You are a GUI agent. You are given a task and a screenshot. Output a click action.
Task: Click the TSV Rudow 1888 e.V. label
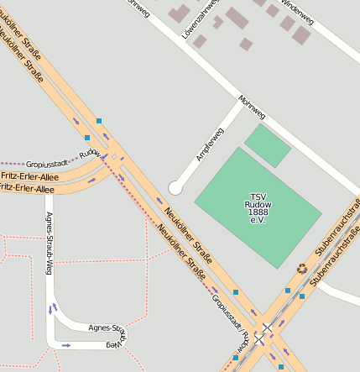click(x=257, y=205)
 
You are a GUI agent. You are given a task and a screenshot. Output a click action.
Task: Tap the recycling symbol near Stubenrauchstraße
click(x=302, y=269)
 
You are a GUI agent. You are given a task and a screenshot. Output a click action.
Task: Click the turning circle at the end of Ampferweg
click(x=175, y=187)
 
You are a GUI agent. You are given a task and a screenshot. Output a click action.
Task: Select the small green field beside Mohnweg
click(x=268, y=144)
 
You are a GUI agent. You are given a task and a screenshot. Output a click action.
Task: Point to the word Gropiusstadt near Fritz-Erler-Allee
click(x=47, y=163)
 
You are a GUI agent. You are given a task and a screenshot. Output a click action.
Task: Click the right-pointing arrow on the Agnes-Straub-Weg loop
click(x=66, y=345)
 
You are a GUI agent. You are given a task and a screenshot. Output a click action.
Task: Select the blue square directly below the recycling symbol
click(x=302, y=296)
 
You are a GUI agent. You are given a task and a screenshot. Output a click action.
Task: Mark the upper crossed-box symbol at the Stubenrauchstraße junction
click(x=267, y=328)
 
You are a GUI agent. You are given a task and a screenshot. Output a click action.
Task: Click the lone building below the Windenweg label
click(x=246, y=44)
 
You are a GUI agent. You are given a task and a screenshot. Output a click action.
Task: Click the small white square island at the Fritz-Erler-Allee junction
click(x=114, y=156)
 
